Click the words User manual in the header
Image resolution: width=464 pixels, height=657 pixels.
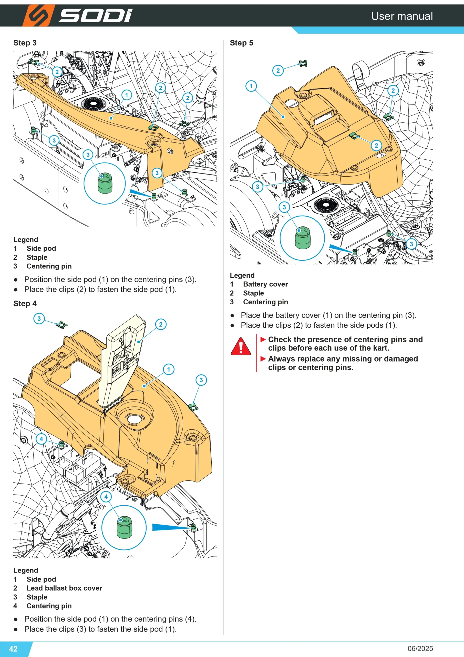[x=402, y=16]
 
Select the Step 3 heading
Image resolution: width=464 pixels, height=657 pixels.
[x=25, y=43]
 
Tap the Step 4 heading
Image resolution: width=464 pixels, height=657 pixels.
[x=25, y=304]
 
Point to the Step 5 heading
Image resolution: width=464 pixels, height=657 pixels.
[x=241, y=43]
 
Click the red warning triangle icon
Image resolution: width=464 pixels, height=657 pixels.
[x=241, y=346]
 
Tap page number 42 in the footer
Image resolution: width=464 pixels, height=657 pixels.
[x=13, y=649]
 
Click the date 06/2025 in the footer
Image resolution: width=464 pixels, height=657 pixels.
[x=420, y=649]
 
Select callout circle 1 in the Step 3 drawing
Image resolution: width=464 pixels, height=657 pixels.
[x=127, y=95]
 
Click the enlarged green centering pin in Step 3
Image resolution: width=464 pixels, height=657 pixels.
[x=105, y=183]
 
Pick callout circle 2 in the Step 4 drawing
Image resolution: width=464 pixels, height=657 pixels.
[x=161, y=324]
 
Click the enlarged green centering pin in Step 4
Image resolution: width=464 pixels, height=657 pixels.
[x=124, y=527]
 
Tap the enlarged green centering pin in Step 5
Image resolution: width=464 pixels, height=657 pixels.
[x=302, y=238]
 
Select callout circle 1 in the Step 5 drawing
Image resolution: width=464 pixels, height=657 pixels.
[x=251, y=86]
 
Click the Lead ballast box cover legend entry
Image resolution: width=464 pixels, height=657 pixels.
[x=64, y=588]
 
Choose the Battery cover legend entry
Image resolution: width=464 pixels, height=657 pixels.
[x=265, y=284]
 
